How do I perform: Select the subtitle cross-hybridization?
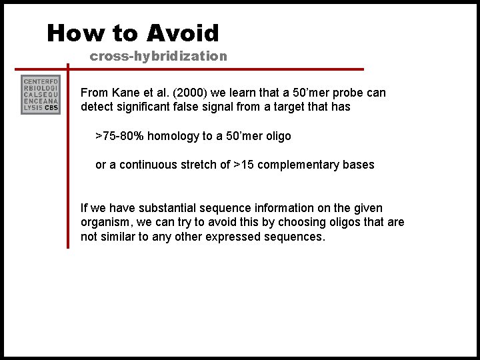[x=159, y=56]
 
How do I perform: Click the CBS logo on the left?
[x=41, y=95]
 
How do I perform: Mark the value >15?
[x=244, y=165]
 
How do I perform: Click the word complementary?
[x=297, y=165]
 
